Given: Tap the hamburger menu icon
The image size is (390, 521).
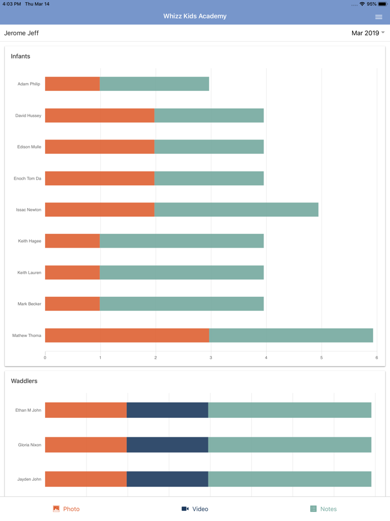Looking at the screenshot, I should coord(378,17).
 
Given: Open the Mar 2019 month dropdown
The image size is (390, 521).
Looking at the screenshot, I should coord(368,33).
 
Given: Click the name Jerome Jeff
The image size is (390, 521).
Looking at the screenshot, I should coord(21,33).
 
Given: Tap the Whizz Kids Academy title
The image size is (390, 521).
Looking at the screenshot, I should coord(195,16).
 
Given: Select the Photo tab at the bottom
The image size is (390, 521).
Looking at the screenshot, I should coord(66,509).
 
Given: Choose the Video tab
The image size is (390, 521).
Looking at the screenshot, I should coord(195,509).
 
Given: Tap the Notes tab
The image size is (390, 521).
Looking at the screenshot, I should coord(323,509).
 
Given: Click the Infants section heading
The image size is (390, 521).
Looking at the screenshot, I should coord(21,56).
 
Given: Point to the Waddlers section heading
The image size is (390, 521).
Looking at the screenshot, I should coord(24,381).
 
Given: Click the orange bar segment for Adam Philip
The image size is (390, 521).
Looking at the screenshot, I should coord(72,84).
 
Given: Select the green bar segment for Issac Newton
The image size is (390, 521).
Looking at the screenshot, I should coord(236,210).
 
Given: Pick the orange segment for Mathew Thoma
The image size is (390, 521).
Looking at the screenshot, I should coord(127,335).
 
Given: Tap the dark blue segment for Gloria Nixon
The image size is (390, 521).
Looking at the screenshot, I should coord(167,445).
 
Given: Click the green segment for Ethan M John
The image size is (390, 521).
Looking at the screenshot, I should coord(290,410).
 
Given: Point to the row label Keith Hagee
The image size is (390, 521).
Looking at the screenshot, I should coord(30,241).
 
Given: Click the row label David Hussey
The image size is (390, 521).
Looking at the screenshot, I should coord(28,115).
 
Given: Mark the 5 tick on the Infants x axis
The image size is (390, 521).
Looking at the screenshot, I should coord(321,358).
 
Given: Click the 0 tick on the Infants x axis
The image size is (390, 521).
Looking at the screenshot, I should coord(45,358).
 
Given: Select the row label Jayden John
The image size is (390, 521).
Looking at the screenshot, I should coord(29,479).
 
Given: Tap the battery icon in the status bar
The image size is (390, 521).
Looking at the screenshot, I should coord(383,4).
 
